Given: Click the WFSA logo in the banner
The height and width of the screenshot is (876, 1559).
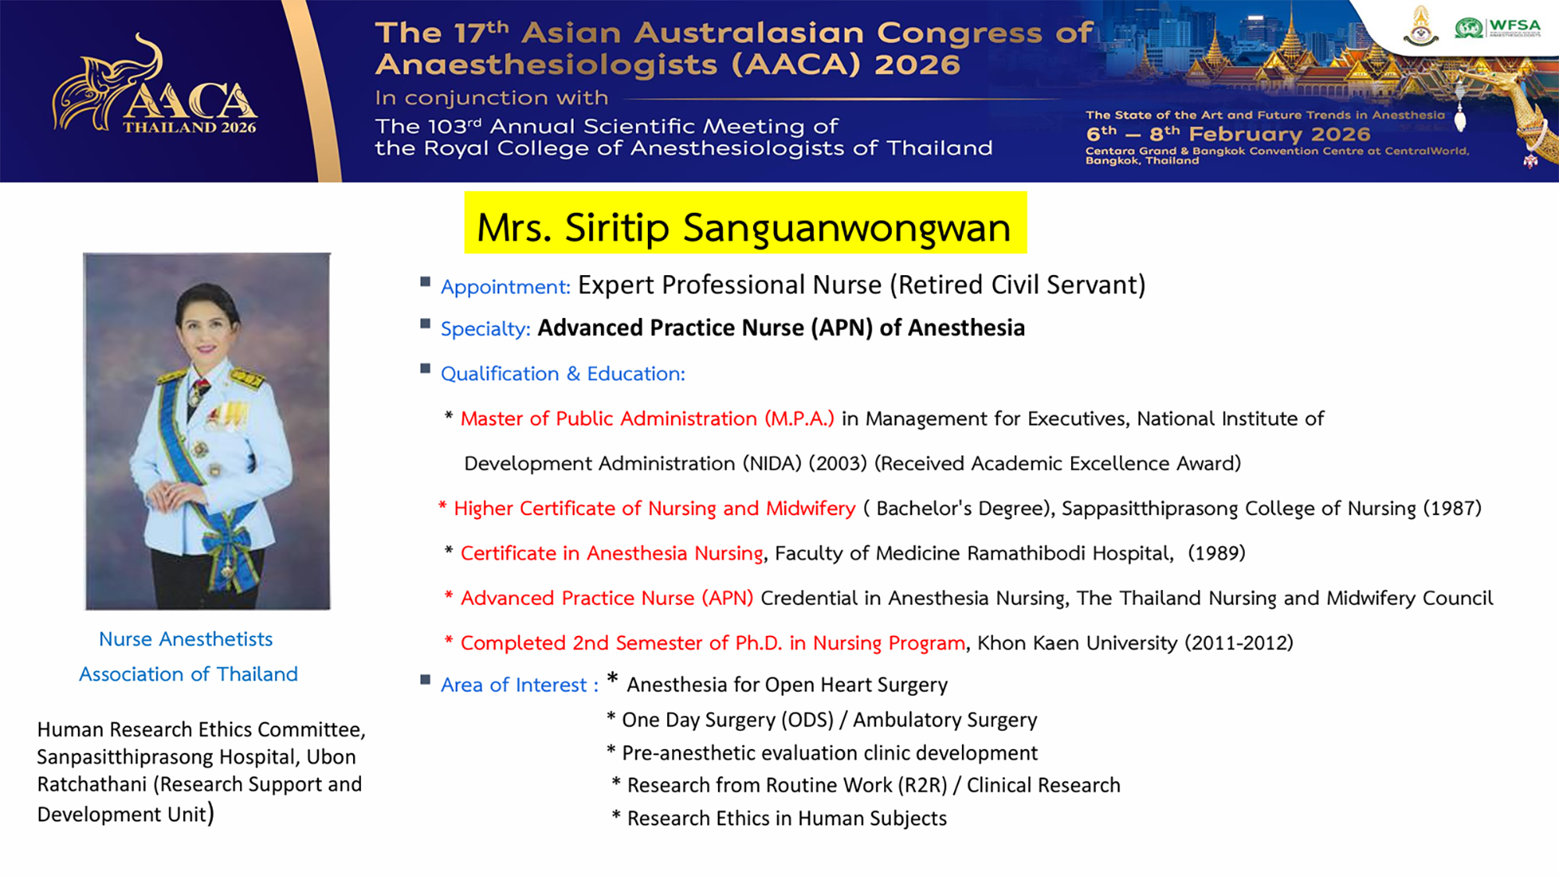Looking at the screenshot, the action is (x=1497, y=27).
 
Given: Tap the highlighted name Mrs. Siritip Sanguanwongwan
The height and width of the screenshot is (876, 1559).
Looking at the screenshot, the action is (x=744, y=227).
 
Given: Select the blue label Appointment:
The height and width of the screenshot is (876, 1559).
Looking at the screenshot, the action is (x=505, y=287).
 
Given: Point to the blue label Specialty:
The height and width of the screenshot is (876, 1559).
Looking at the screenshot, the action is (x=486, y=329).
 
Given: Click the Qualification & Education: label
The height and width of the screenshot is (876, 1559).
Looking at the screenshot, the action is (x=563, y=374).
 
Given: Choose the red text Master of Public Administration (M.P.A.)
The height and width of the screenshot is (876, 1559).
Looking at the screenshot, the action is (x=647, y=419).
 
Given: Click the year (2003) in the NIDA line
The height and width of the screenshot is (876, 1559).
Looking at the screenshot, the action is (x=837, y=464).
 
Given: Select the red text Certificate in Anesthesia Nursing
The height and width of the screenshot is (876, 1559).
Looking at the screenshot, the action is (x=612, y=553).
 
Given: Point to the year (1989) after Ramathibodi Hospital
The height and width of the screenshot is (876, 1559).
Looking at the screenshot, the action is (x=1217, y=553).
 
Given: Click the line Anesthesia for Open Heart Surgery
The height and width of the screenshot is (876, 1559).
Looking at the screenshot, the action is (x=787, y=685).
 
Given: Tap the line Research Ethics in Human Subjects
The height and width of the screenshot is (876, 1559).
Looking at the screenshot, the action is (x=787, y=818).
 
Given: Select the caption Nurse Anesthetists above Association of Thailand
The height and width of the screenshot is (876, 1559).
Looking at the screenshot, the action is (x=186, y=639).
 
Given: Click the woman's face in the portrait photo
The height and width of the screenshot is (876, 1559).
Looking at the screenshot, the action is (x=206, y=321).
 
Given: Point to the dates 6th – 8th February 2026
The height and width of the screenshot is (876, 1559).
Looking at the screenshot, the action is (x=1228, y=134).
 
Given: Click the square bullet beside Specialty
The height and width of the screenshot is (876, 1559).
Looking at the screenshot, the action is (x=425, y=323).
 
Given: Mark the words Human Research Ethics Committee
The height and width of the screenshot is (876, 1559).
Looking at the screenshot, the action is (x=201, y=729).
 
